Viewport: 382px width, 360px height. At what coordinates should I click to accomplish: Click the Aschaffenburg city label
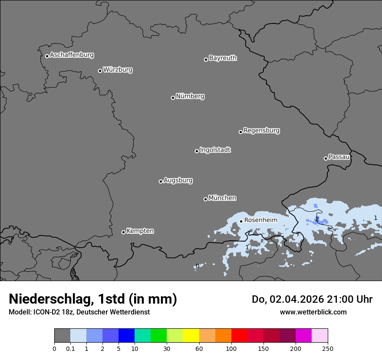coord(72,55)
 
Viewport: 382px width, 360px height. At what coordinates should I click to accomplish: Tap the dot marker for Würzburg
coord(100,71)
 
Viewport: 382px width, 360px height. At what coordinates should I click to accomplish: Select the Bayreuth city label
coord(223,58)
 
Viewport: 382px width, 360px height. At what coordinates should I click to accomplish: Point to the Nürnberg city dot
coord(173,98)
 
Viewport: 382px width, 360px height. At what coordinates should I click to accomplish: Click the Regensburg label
coord(261,131)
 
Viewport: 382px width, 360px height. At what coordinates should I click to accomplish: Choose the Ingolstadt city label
coord(215,150)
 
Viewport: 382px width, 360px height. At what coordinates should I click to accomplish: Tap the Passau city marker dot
coord(326,158)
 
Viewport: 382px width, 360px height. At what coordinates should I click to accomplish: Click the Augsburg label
coord(178,180)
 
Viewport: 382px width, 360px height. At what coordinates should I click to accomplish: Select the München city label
coord(222,198)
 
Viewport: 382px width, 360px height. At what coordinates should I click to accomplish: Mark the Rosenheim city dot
coord(241,221)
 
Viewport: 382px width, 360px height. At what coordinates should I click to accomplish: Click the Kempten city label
coord(140,231)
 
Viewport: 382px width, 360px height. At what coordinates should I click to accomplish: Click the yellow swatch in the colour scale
coord(191,336)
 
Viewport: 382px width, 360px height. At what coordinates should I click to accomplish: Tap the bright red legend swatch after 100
coord(239,336)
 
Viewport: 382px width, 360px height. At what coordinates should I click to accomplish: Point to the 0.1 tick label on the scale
coord(70,348)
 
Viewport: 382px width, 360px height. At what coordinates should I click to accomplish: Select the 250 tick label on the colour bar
coord(327,348)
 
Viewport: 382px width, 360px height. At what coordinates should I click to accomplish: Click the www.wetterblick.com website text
coord(313,312)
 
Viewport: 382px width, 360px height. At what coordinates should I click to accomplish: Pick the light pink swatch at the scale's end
coord(319,336)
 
